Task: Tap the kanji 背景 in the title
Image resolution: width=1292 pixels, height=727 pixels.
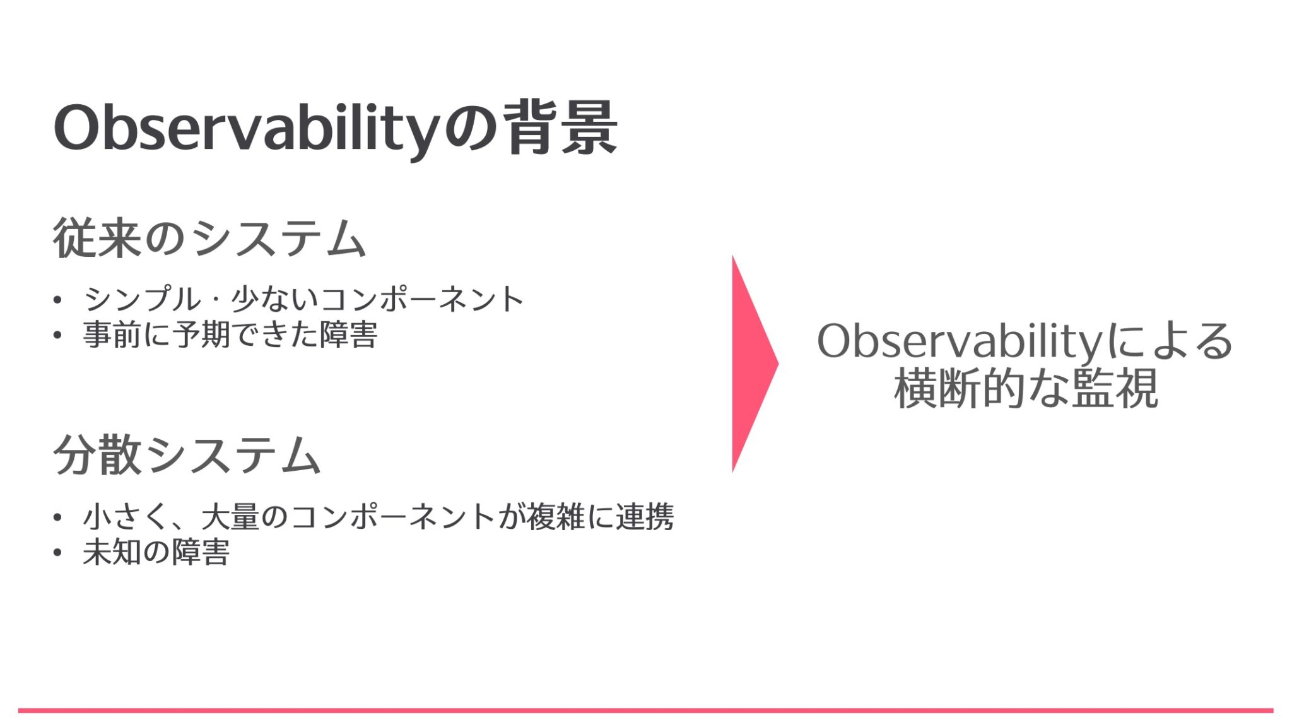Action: [560, 128]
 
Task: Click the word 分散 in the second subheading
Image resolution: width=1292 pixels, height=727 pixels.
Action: [98, 455]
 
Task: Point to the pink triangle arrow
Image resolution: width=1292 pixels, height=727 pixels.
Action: [751, 364]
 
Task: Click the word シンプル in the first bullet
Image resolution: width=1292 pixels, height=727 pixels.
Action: [142, 299]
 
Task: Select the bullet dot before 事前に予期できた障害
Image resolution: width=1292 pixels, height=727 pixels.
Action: [58, 335]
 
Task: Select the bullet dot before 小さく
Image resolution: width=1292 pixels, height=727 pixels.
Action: [58, 517]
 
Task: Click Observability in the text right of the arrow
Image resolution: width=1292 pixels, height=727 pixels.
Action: [959, 341]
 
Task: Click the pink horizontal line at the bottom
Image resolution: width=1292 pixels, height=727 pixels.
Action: [646, 711]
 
